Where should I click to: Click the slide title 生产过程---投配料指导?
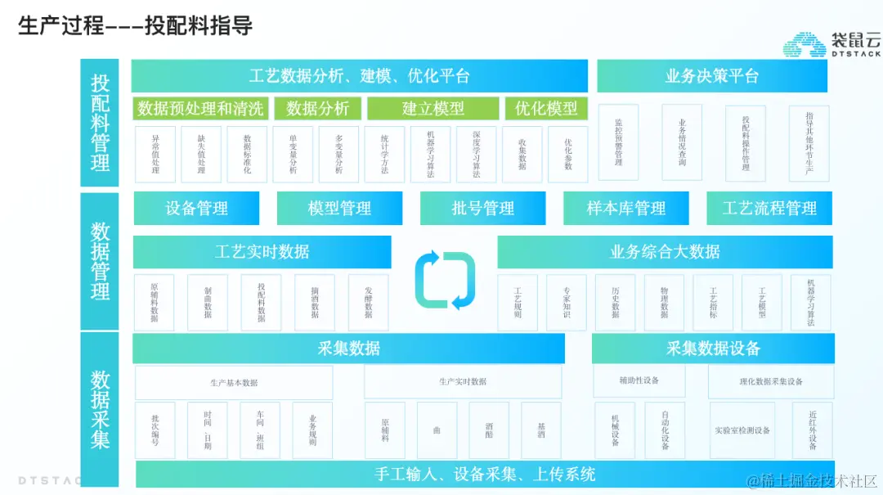(136, 25)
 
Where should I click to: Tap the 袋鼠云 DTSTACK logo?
(831, 44)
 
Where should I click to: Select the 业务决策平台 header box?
(711, 76)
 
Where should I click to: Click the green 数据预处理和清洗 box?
(200, 108)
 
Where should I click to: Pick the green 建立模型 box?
(433, 108)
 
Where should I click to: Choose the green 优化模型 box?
(546, 108)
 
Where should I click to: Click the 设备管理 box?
(196, 209)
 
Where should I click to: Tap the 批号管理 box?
(482, 209)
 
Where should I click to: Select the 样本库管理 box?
(626, 209)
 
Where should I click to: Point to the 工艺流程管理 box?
(769, 209)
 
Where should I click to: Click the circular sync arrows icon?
(445, 281)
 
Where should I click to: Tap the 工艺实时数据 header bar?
(262, 252)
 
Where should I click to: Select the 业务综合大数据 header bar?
(665, 252)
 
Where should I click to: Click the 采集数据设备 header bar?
(713, 349)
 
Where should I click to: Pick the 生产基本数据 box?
(234, 382)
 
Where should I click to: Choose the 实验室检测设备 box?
(742, 430)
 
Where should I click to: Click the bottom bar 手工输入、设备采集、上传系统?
(485, 474)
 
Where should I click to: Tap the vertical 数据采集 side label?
(100, 409)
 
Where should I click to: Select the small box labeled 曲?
(437, 430)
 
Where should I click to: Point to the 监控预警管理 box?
(618, 142)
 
